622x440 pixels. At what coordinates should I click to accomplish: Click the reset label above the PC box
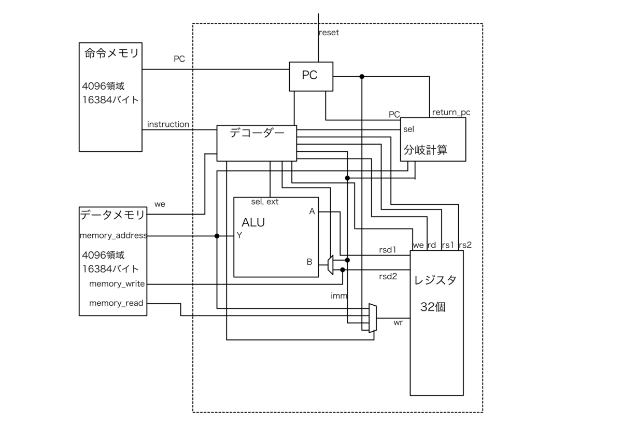(x=329, y=33)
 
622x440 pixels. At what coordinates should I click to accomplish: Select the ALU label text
(x=253, y=222)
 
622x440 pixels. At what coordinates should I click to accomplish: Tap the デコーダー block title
(x=257, y=133)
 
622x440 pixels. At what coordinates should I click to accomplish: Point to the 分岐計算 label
(x=426, y=150)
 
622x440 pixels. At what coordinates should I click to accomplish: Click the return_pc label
(x=451, y=112)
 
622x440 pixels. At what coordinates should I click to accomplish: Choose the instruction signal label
(x=168, y=124)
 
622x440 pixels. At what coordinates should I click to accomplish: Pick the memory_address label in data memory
(x=114, y=236)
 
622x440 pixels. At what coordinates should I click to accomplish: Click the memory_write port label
(x=117, y=283)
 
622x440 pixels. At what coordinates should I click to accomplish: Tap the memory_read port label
(x=116, y=303)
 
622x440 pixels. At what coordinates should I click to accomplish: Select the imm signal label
(x=339, y=296)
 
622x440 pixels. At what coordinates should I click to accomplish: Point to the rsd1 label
(x=388, y=250)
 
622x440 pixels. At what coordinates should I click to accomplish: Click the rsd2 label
(x=388, y=277)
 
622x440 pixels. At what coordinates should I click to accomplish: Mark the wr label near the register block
(x=398, y=322)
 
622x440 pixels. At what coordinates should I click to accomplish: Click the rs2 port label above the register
(x=465, y=245)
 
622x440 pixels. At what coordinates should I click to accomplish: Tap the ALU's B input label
(x=309, y=262)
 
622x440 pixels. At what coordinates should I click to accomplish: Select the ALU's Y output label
(x=239, y=235)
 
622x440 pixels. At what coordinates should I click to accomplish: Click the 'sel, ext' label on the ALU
(x=265, y=202)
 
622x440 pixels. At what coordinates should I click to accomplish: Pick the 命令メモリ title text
(x=111, y=53)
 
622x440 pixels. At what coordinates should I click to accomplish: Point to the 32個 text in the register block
(x=433, y=307)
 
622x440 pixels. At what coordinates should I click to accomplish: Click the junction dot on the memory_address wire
(x=217, y=236)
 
